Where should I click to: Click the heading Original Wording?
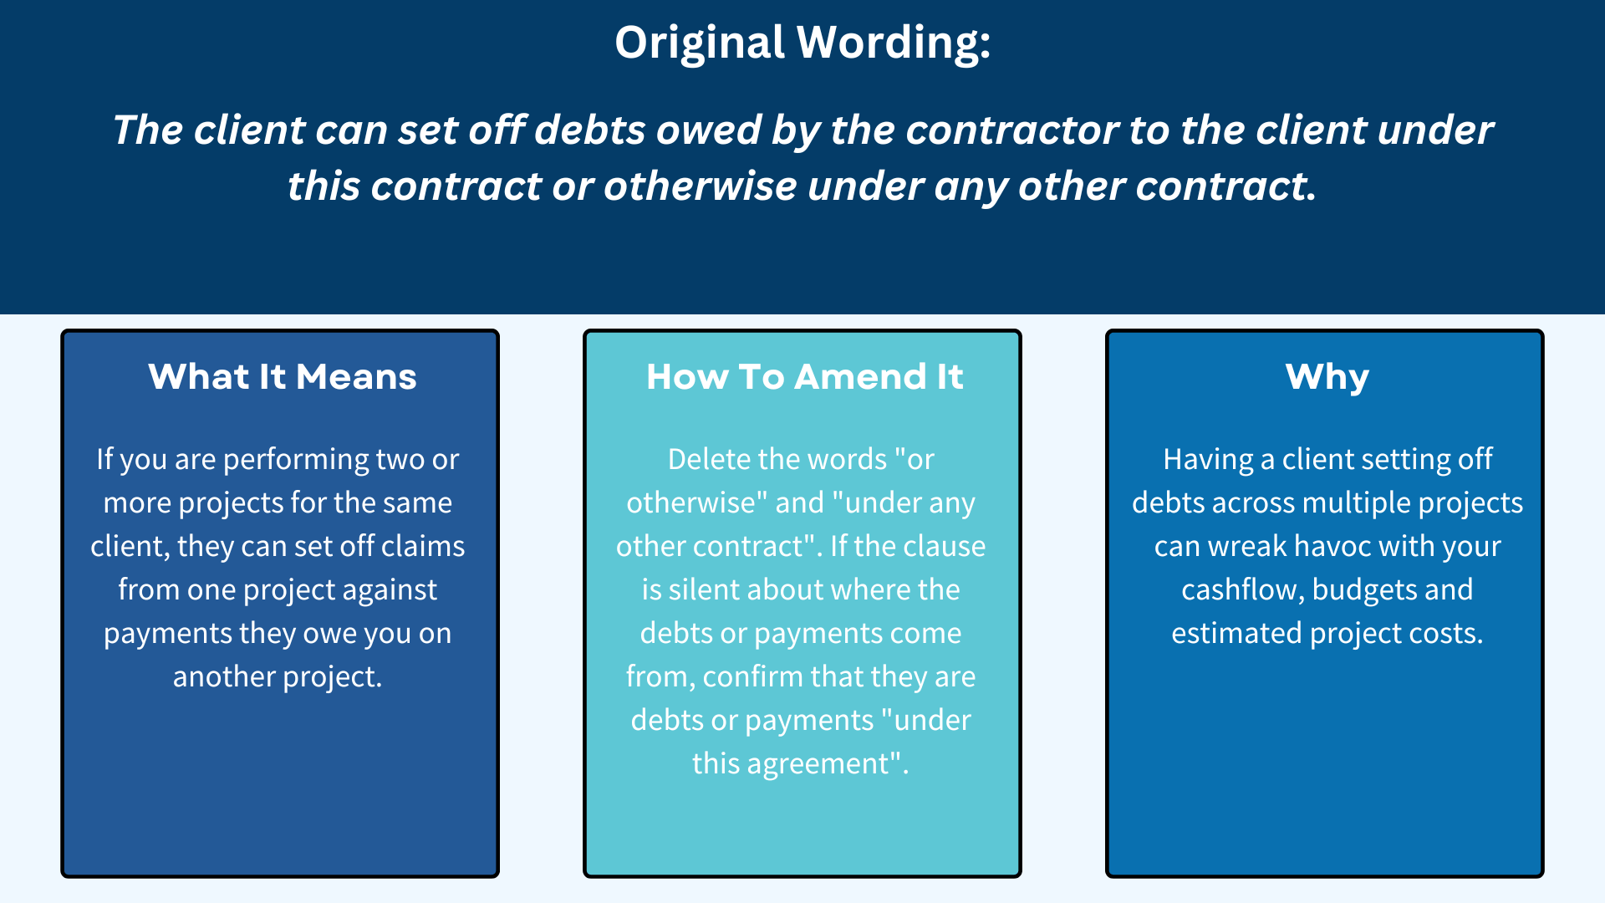click(802, 42)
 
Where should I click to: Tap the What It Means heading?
click(282, 376)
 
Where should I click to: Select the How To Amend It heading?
click(804, 376)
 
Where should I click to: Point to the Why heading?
click(1327, 376)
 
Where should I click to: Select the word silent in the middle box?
click(704, 589)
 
